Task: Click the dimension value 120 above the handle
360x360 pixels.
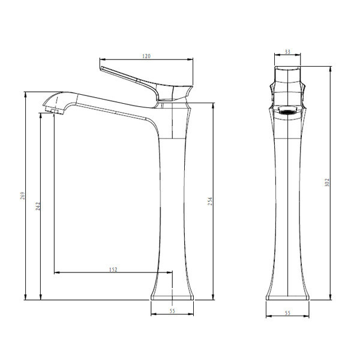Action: tap(146, 56)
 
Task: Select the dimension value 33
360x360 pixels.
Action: tap(287, 52)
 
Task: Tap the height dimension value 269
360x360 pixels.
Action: tap(23, 196)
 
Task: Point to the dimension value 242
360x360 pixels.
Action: tap(38, 206)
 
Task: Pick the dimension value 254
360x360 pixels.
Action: tap(211, 201)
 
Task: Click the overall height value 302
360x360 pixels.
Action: tap(327, 182)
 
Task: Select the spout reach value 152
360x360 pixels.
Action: tap(113, 269)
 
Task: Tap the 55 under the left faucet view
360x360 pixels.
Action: tap(172, 311)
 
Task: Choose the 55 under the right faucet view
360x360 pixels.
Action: tap(287, 313)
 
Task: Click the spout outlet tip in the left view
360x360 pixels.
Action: tap(54, 112)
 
